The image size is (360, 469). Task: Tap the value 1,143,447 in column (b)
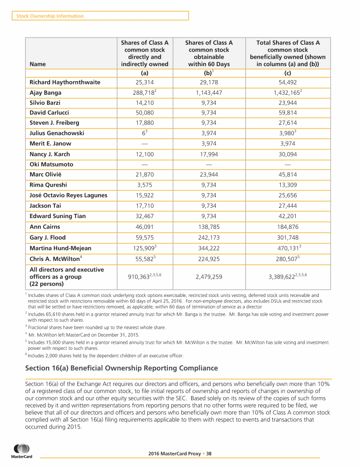tap(210, 93)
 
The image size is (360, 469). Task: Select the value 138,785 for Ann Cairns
tap(210, 227)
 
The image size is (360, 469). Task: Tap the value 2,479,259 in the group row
tap(210, 277)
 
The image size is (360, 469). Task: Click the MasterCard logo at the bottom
tap(22, 452)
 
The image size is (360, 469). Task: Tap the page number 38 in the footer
tap(209, 454)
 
